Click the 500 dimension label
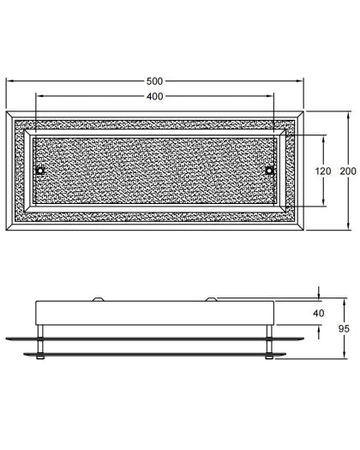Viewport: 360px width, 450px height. coord(154,81)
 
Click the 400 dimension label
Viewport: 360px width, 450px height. coord(155,96)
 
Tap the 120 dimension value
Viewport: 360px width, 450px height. coord(323,171)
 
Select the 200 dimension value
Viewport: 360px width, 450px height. coord(348,171)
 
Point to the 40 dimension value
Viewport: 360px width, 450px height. coord(319,313)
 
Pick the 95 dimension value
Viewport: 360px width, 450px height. coord(344,328)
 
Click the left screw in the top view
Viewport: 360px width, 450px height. coord(40,171)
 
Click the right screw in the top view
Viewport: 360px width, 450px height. coord(269,171)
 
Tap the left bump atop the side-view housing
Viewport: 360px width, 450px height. coord(98,299)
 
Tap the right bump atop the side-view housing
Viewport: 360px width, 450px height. coord(211,299)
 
